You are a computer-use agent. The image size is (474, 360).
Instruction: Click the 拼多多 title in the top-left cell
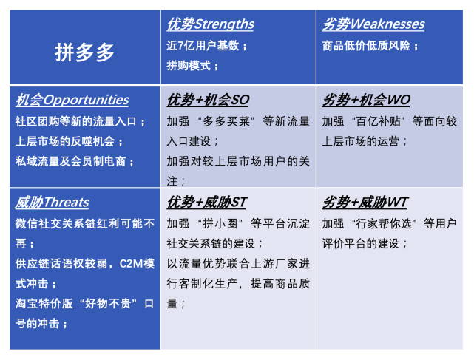tap(85, 52)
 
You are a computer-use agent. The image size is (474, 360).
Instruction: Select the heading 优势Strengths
tap(210, 24)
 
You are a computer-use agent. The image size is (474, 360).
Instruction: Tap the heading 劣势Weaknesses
tap(373, 24)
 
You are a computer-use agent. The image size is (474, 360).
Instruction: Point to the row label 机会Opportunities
tap(71, 100)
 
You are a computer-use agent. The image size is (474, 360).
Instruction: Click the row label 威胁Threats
tap(51, 203)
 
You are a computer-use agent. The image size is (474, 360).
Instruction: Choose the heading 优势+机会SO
tap(207, 100)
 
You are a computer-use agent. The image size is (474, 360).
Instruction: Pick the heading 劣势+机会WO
tap(365, 100)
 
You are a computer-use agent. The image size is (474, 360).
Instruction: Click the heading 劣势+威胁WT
tap(365, 203)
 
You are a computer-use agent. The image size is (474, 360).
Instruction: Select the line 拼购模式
tap(192, 66)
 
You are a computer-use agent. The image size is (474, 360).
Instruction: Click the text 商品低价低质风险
tap(370, 46)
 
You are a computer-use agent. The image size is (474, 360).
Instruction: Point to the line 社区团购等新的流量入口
tap(80, 121)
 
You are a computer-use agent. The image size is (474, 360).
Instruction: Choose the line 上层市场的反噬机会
tap(70, 141)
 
